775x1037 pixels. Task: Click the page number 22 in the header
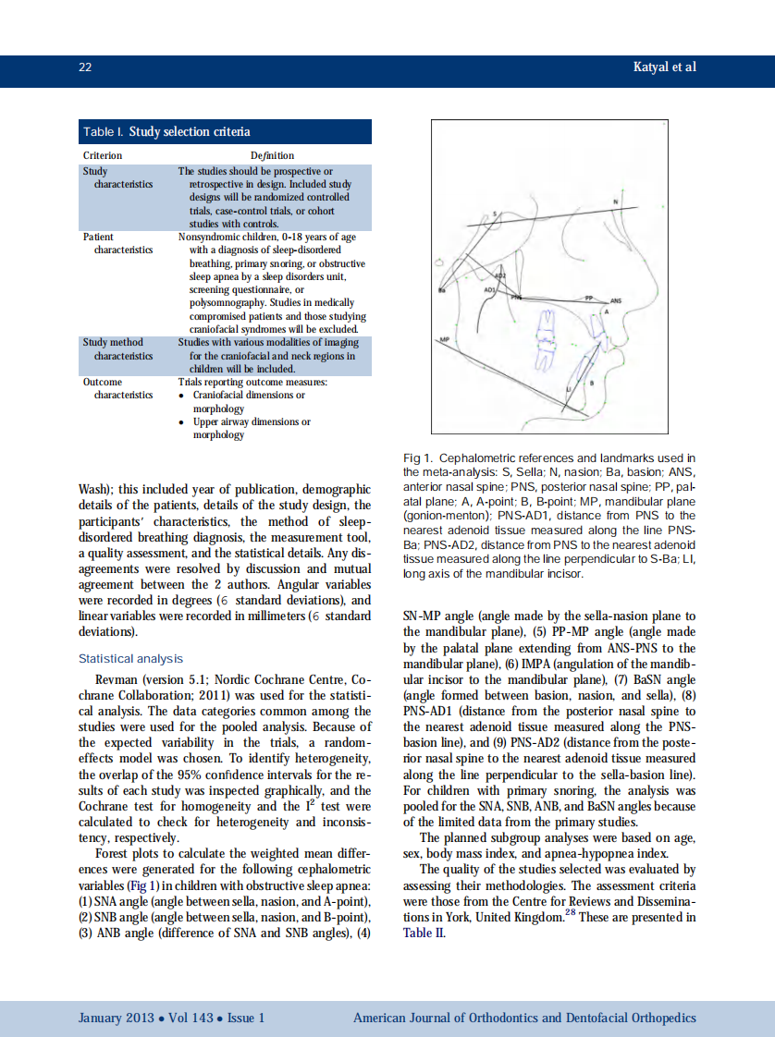click(x=84, y=67)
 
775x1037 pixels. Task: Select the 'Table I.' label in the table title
click(x=104, y=132)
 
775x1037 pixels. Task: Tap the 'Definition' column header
click(x=272, y=155)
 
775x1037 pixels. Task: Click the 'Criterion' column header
click(x=103, y=155)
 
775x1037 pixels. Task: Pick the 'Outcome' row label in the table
click(x=103, y=381)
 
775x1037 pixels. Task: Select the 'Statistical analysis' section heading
click(x=130, y=659)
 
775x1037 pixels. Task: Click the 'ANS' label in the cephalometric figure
click(x=616, y=300)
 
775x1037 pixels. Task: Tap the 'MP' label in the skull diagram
click(x=444, y=340)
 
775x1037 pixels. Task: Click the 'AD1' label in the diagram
click(x=490, y=289)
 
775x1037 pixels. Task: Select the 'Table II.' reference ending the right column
click(x=424, y=933)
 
